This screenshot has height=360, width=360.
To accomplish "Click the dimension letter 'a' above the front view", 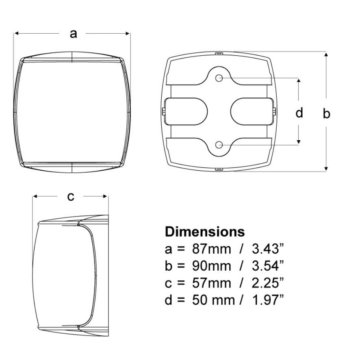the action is click(x=73, y=34).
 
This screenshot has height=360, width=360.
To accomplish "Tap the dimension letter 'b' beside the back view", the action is click(x=326, y=113).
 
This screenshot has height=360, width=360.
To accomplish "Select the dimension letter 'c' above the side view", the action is click(x=71, y=197).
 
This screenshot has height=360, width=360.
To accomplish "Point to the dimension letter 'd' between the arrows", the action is click(x=299, y=113).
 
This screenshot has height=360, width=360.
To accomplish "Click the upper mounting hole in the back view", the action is click(x=219, y=78).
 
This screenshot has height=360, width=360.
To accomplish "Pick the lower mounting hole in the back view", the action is click(x=219, y=145).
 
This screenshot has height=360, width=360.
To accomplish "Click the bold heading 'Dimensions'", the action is click(x=205, y=232).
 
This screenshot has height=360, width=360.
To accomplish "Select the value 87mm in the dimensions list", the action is click(x=211, y=249).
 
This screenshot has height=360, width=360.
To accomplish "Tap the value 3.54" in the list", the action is click(x=268, y=266).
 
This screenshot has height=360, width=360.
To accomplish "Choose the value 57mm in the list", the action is click(x=211, y=283).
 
